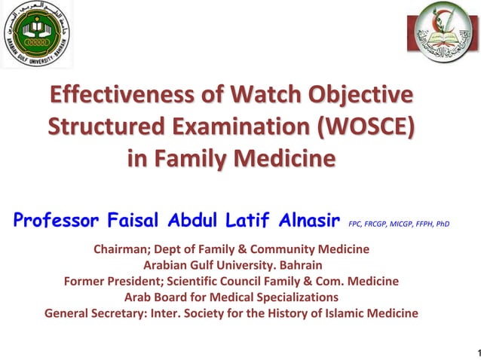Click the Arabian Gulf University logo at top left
(x=36, y=35)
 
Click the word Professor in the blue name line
(x=57, y=221)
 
